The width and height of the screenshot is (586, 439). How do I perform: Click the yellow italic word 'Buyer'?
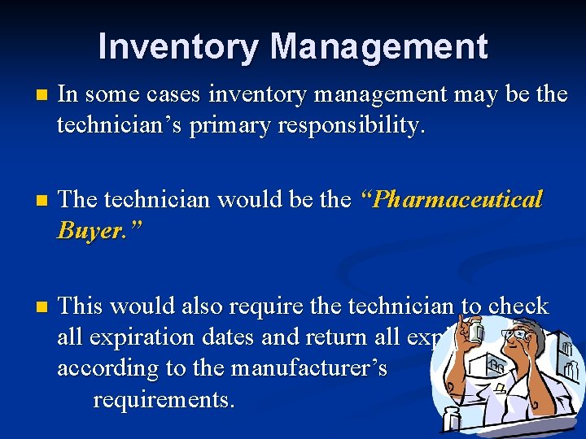(x=90, y=232)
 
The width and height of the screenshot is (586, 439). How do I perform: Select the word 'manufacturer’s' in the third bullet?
(x=308, y=368)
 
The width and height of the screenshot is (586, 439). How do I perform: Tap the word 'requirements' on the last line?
(x=163, y=399)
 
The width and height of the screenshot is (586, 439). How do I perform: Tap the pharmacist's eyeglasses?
(x=515, y=333)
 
